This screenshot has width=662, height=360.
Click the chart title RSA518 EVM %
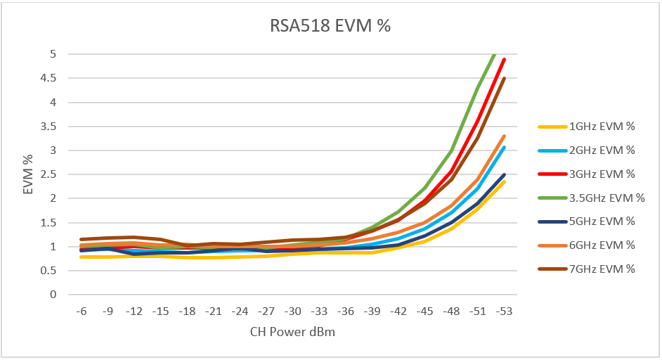[330, 26]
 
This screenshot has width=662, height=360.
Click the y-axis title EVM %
[29, 174]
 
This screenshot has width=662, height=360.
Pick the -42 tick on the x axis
[398, 310]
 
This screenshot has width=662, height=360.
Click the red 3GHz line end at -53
[505, 60]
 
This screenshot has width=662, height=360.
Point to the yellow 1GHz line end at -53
[505, 181]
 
